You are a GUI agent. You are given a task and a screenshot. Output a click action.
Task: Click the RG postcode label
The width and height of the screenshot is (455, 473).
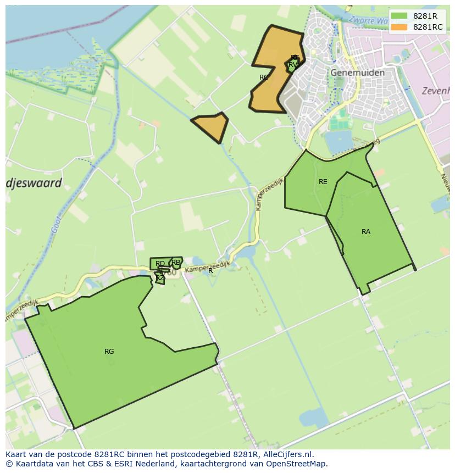pyautogui.click(x=109, y=352)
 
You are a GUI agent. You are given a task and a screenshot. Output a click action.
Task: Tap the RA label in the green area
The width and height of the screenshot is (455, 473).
pyautogui.click(x=366, y=232)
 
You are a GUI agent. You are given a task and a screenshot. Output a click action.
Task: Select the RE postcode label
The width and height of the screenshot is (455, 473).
pyautogui.click(x=323, y=182)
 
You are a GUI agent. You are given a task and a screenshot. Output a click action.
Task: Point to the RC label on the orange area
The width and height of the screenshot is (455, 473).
pyautogui.click(x=264, y=77)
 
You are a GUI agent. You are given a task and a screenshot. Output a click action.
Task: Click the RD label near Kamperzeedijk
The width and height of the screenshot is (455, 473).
pyautogui.click(x=160, y=264)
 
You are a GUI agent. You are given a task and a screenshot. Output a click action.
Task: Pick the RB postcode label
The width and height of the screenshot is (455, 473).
pyautogui.click(x=176, y=263)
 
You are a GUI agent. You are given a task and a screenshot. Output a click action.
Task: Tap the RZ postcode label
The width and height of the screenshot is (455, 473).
pyautogui.click(x=160, y=278)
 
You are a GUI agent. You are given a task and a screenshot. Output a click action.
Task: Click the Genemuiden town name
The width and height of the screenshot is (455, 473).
pyautogui.click(x=357, y=73)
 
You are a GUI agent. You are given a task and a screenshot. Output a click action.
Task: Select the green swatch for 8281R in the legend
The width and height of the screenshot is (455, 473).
pyautogui.click(x=399, y=16)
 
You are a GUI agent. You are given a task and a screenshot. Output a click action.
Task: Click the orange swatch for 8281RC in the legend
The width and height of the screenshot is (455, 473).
pyautogui.click(x=399, y=27)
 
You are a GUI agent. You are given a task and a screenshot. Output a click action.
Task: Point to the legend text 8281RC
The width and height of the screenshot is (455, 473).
pyautogui.click(x=428, y=27)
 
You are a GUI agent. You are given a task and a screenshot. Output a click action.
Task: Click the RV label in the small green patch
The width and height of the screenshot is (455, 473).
pyautogui.click(x=293, y=65)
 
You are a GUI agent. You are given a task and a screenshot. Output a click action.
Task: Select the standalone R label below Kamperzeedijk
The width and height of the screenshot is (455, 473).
pyautogui.click(x=210, y=271)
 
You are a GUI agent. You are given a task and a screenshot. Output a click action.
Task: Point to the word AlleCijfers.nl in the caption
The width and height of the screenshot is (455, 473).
pyautogui.click(x=288, y=454)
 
